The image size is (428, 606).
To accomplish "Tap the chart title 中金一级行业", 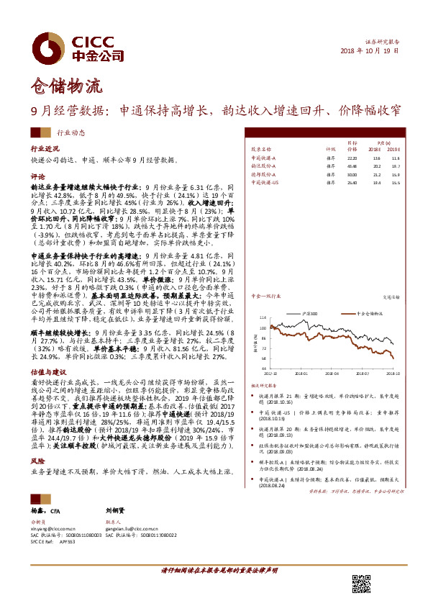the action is [x=265, y=295].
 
